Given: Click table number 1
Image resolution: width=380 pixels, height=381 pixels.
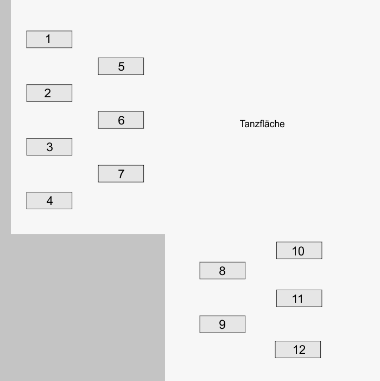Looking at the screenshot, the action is [x=49, y=39].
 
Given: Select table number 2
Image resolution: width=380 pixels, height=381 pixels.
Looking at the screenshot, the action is [x=49, y=93].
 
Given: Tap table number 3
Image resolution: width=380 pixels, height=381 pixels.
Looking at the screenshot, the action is [x=49, y=147].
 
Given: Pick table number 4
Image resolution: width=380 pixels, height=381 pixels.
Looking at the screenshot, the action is [x=49, y=201].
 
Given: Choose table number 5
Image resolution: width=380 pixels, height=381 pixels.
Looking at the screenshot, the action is [x=121, y=66].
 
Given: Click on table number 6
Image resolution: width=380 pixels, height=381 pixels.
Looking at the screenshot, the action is [x=121, y=120].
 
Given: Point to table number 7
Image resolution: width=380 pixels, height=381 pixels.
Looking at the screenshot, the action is [x=121, y=174].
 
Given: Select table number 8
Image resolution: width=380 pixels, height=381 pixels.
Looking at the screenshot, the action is [x=223, y=271].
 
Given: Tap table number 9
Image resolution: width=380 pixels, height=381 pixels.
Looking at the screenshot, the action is [x=223, y=324].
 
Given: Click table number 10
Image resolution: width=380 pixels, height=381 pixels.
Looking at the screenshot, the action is [x=299, y=251].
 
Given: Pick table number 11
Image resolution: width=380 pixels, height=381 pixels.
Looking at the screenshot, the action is [x=299, y=298].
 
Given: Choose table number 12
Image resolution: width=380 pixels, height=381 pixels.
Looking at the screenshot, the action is [x=297, y=349].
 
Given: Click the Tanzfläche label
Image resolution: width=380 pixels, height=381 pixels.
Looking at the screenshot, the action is [x=262, y=124].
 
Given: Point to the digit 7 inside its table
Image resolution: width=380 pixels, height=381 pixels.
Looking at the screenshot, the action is [x=121, y=174].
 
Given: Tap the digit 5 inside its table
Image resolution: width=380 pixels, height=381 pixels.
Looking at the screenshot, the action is [x=121, y=66].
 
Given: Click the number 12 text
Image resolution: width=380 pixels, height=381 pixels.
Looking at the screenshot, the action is [x=299, y=350].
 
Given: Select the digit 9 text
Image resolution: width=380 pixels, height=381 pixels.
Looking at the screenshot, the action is [x=222, y=324].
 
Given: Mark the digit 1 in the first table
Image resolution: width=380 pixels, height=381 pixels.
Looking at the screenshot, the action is [x=48, y=39].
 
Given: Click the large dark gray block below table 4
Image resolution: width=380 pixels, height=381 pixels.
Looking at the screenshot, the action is [x=83, y=308].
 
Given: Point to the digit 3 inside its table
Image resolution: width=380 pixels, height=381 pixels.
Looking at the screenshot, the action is [x=49, y=147].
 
